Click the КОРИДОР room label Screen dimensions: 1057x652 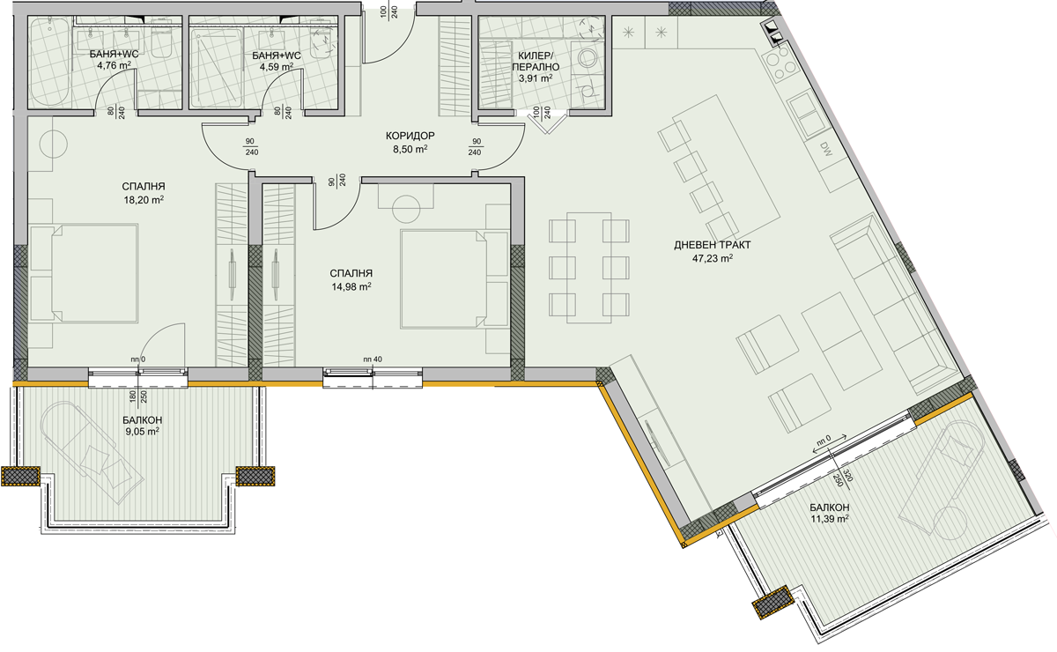point(410,136)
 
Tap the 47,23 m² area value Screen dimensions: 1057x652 point(712,258)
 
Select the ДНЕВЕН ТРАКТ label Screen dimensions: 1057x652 point(712,245)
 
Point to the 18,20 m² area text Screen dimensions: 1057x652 point(144,200)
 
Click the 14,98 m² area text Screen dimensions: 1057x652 point(351,286)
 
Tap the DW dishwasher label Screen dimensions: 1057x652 point(826,149)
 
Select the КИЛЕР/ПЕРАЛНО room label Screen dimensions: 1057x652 point(536,62)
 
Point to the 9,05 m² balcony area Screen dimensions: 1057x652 point(142,431)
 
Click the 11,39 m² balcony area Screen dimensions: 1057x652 point(830,519)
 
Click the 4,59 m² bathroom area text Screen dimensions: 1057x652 point(277,67)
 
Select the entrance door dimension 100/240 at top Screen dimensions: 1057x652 point(389,11)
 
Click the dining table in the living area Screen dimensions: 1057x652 point(589,268)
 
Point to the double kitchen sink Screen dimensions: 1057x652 point(805,115)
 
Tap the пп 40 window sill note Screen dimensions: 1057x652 point(373,359)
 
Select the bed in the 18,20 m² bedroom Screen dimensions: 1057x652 point(84,273)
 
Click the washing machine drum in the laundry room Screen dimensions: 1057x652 point(588,58)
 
